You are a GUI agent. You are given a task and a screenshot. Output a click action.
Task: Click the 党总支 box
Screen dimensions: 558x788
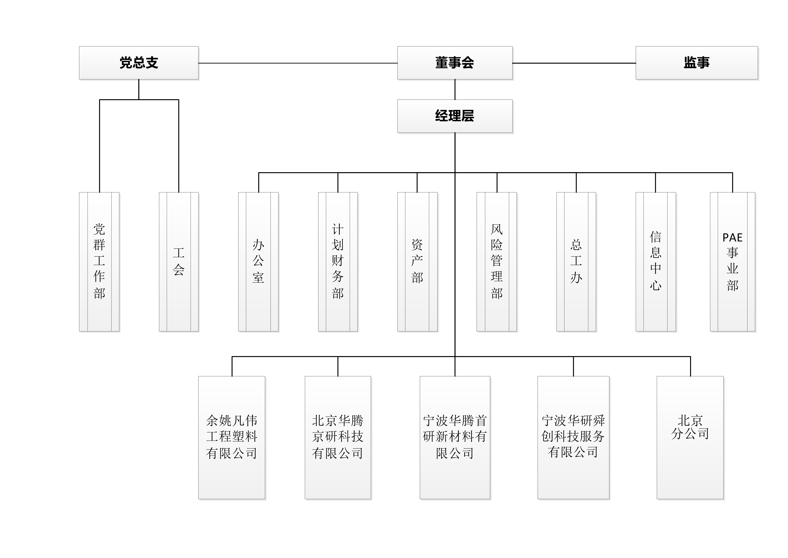click(139, 63)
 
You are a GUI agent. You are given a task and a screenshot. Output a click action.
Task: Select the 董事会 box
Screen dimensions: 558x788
click(455, 63)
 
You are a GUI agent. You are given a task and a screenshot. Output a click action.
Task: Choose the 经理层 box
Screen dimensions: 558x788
click(455, 116)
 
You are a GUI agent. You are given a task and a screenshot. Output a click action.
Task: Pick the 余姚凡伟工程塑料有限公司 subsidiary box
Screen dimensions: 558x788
click(232, 437)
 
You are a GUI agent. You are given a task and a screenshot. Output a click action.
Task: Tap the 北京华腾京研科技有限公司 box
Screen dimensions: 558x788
click(338, 437)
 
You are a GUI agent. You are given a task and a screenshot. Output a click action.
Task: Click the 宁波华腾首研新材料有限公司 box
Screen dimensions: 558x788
click(455, 437)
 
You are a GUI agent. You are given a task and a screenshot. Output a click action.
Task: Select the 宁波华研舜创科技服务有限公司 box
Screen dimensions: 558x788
click(573, 437)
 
